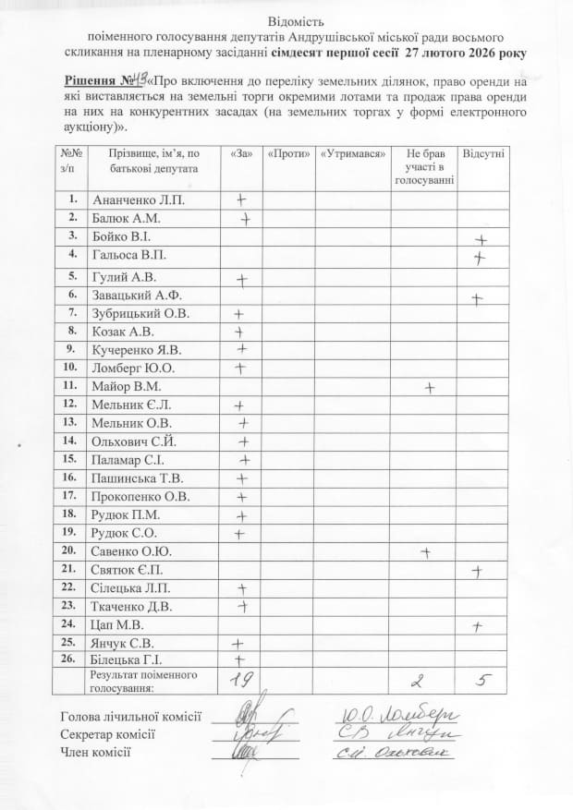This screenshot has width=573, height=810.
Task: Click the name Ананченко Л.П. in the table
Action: point(130,199)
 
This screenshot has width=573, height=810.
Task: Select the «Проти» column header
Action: point(288,152)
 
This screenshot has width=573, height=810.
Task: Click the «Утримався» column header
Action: point(352,152)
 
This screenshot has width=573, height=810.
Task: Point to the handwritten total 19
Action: point(241,681)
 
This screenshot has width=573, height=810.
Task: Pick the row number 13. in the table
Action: point(69,422)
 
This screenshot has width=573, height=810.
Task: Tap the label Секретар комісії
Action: point(107,733)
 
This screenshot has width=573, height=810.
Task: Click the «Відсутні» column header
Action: point(483,152)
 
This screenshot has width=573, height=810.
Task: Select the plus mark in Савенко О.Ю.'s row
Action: point(426,552)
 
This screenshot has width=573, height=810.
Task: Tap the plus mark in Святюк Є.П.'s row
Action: point(477,571)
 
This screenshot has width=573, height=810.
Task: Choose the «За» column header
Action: point(239,152)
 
